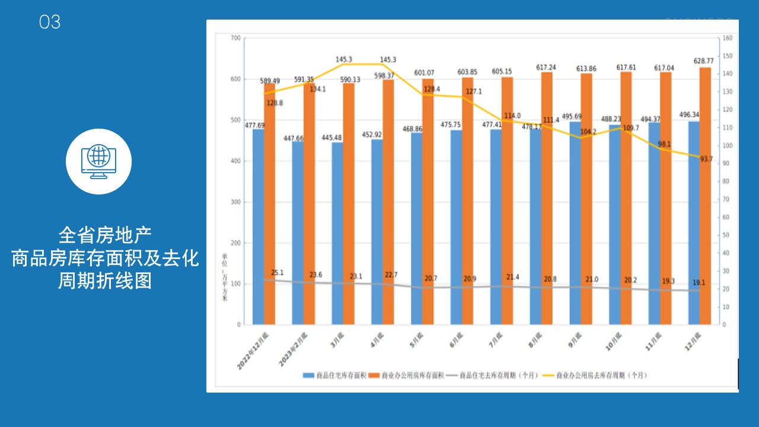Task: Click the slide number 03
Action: click(x=50, y=23)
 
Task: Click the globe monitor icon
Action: click(x=98, y=161)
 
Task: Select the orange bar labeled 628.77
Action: click(x=705, y=196)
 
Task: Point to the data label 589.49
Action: click(x=270, y=81)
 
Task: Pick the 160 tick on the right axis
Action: click(x=728, y=38)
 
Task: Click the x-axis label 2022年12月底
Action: click(x=254, y=350)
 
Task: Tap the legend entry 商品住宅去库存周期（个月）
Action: click(x=492, y=375)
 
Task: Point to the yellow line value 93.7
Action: click(x=706, y=159)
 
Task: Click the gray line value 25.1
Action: click(x=277, y=273)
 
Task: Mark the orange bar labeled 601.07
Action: click(x=428, y=202)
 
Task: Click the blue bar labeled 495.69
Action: click(x=575, y=223)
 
